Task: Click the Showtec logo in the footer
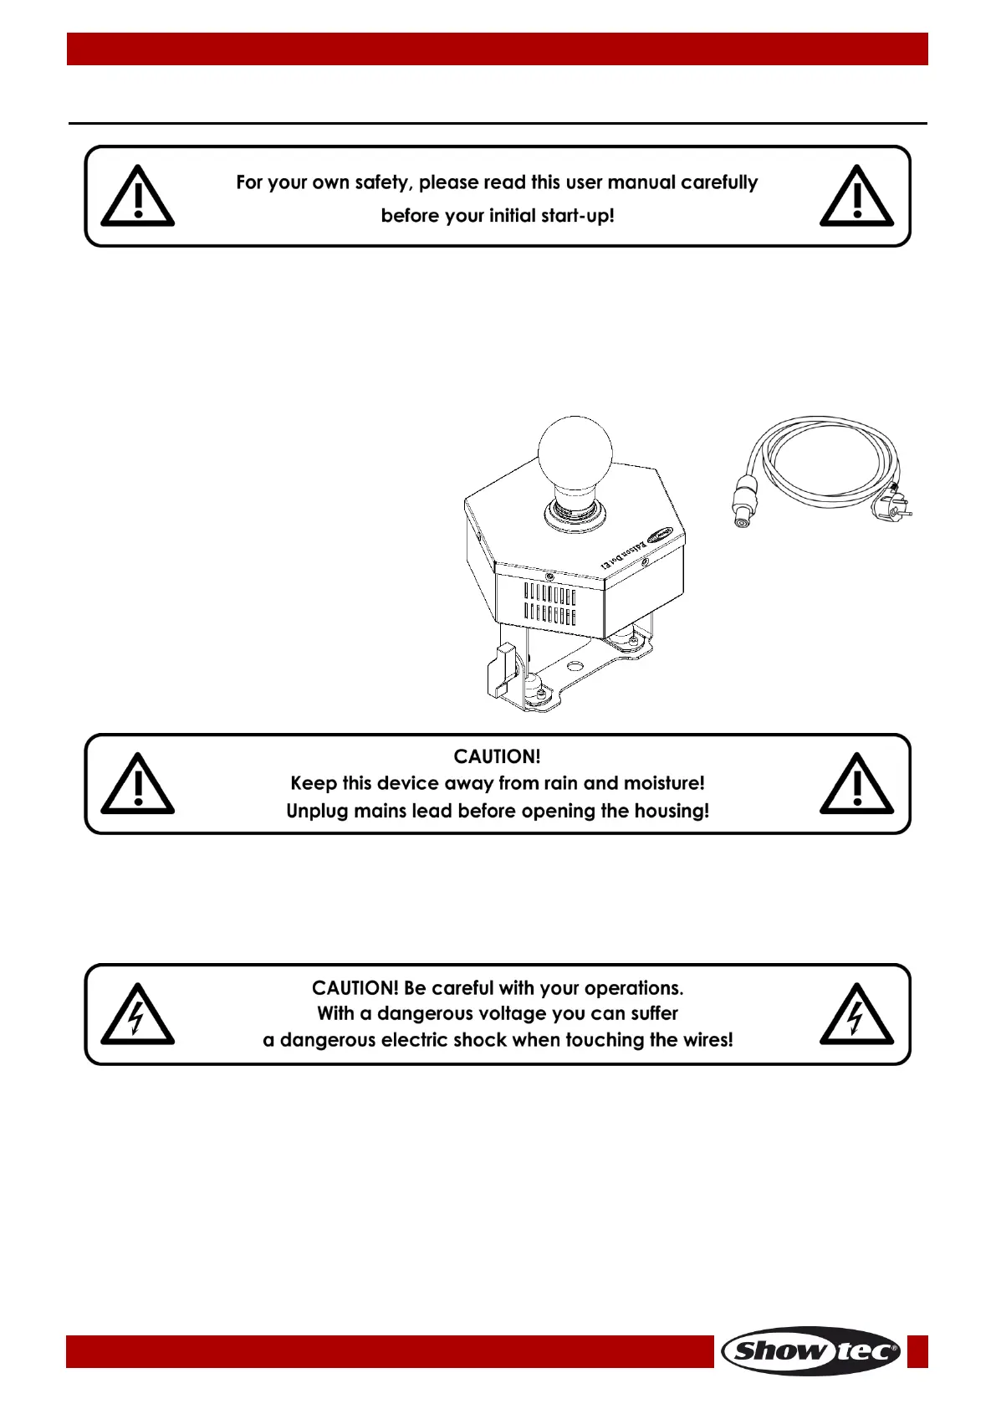pos(810,1350)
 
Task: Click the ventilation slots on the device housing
pos(549,605)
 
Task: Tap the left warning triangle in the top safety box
pos(138,197)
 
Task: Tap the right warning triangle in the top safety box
pos(856,197)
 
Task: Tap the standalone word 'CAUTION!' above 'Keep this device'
pos(497,756)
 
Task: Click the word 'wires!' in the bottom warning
pos(707,1040)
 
